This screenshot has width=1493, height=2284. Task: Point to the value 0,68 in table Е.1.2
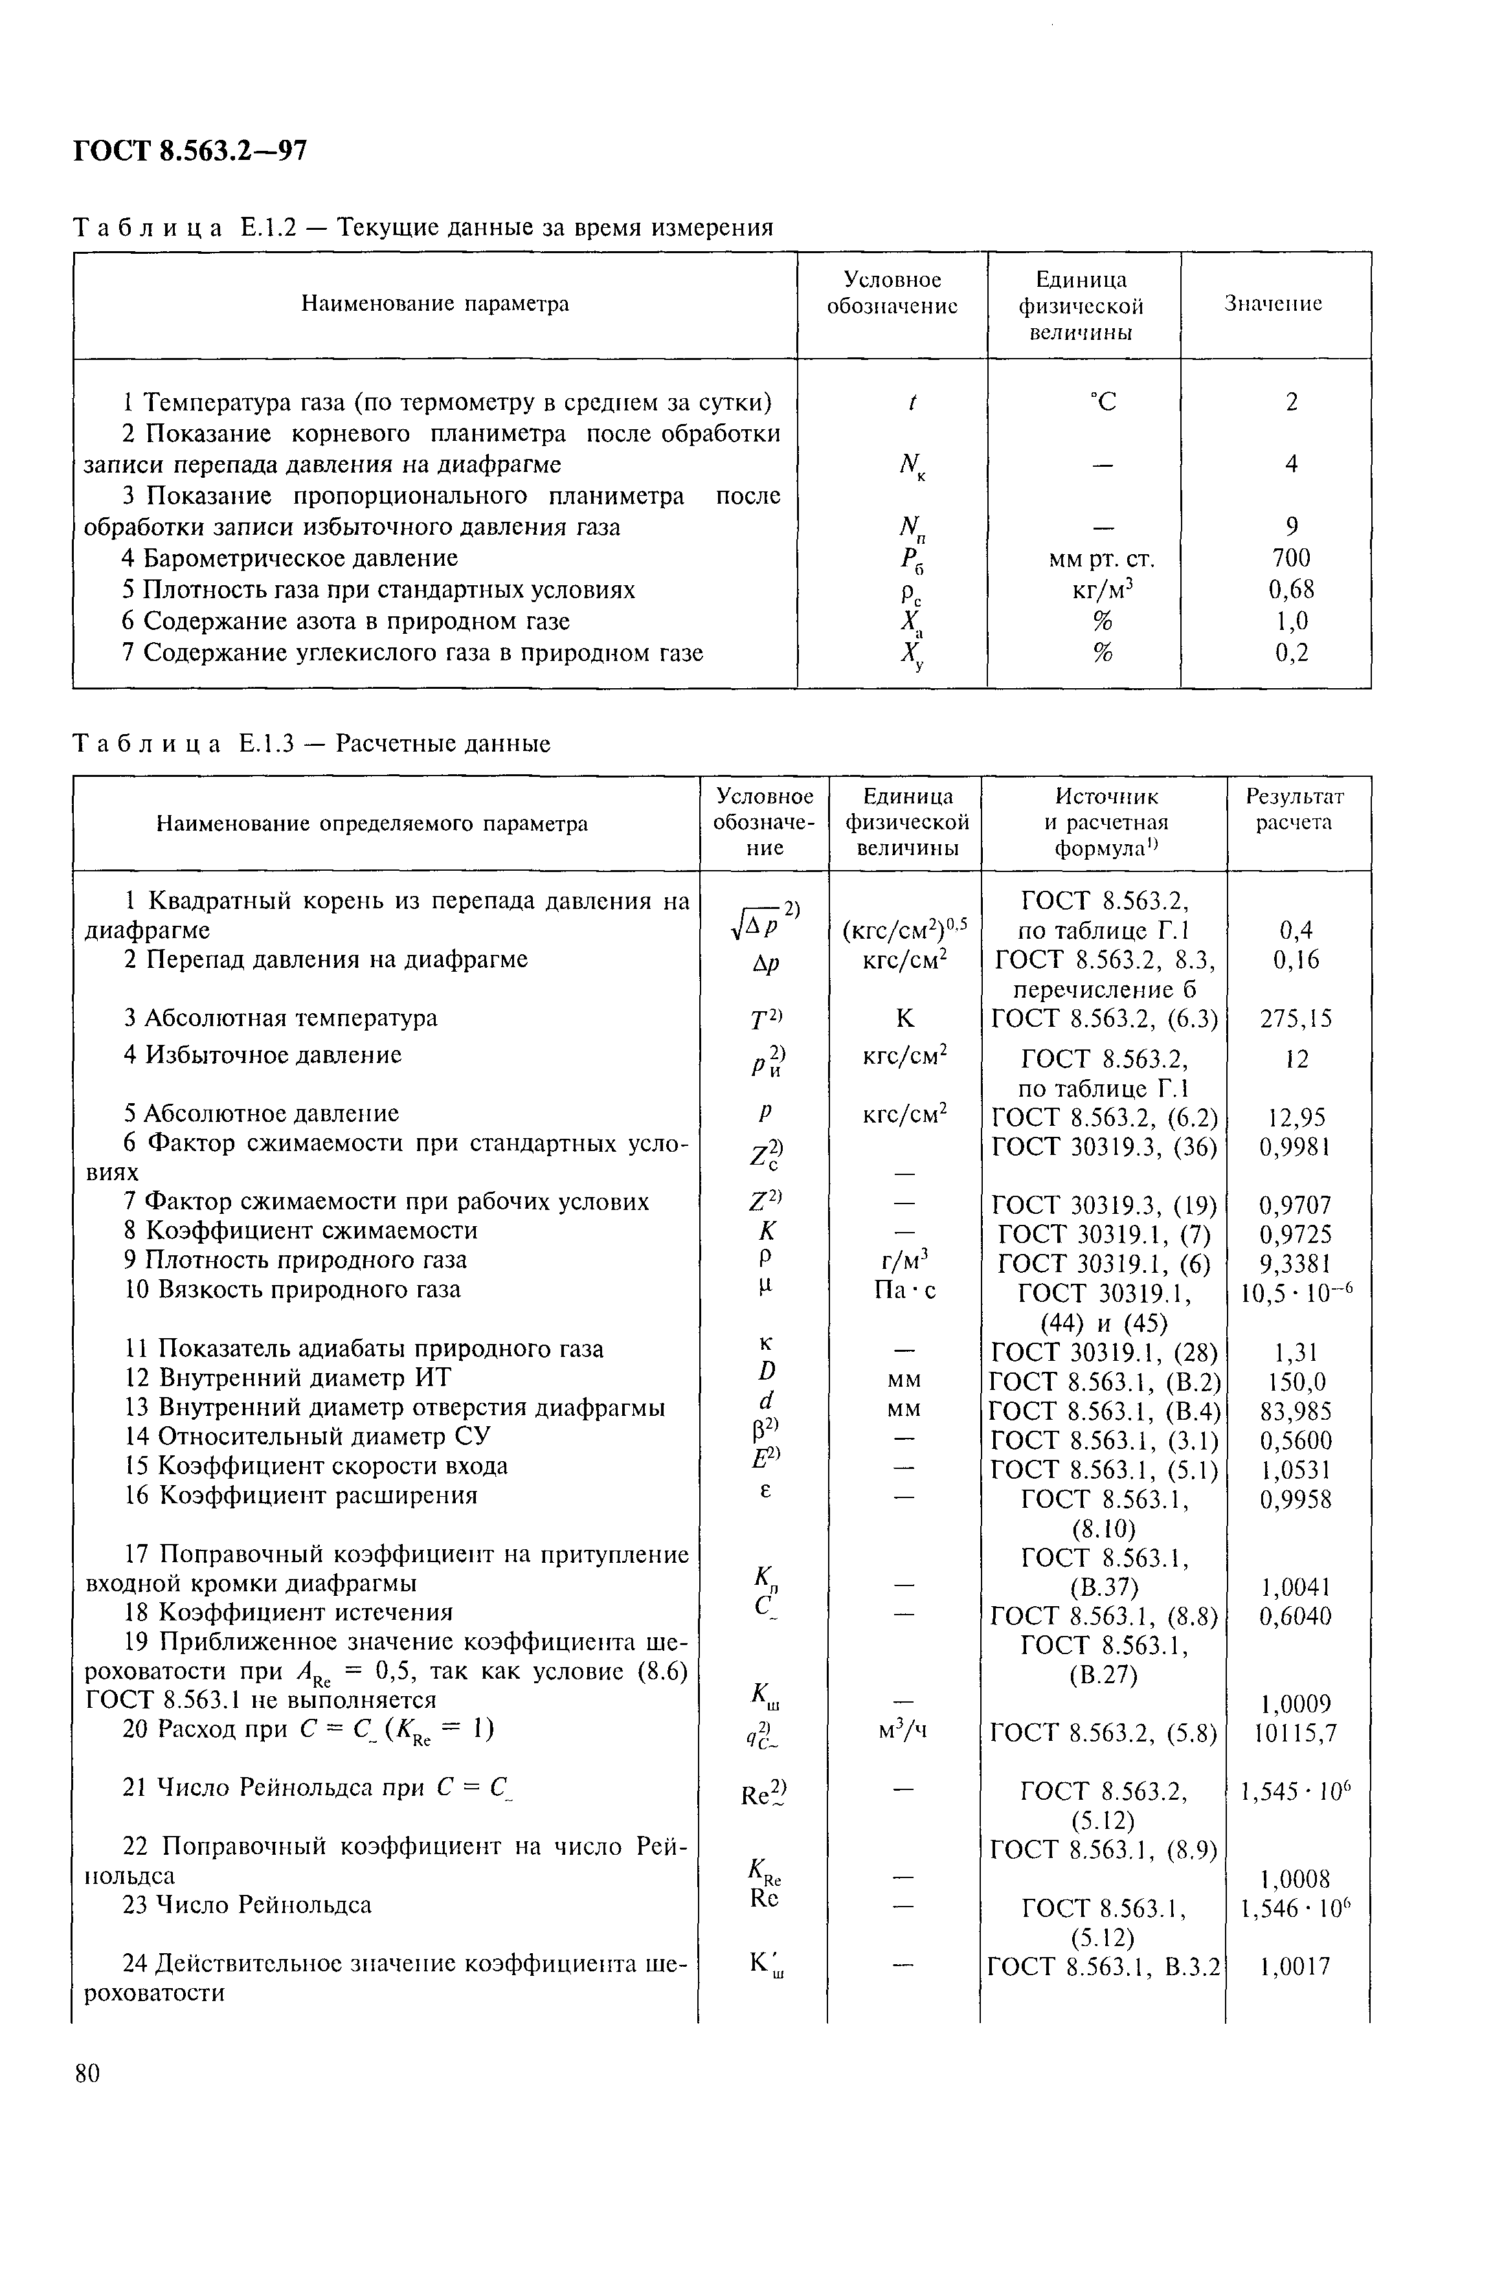click(x=1292, y=589)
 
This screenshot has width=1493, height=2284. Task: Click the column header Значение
click(x=1274, y=304)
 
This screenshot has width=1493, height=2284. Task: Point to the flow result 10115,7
click(x=1296, y=1733)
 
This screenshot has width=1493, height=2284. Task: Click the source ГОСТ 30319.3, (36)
click(x=1103, y=1147)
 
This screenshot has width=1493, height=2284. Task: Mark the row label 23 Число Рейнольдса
click(x=247, y=1904)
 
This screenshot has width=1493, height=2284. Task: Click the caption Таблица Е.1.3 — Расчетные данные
click(x=312, y=744)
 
